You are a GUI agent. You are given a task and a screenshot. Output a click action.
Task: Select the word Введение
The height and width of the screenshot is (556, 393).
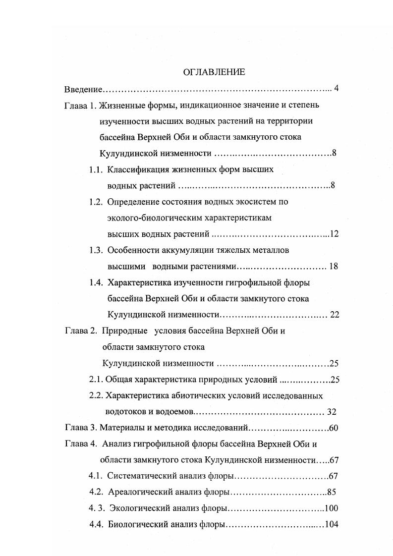pyautogui.click(x=83, y=90)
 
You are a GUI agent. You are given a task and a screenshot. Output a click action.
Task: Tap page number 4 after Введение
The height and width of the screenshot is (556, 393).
pyautogui.click(x=336, y=89)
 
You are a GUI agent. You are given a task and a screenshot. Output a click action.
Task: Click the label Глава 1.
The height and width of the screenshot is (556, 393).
pyautogui.click(x=80, y=106)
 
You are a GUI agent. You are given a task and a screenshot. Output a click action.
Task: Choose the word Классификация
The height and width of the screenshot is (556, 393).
pyautogui.click(x=136, y=170)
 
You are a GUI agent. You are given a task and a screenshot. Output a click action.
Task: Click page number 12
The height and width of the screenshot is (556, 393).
pyautogui.click(x=334, y=234)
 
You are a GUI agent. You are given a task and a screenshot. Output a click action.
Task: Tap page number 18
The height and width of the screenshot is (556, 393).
pyautogui.click(x=333, y=266)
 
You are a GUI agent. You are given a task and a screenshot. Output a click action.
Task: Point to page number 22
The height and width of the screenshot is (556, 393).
pyautogui.click(x=334, y=315)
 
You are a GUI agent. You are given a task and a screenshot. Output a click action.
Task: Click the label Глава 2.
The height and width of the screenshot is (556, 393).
pyautogui.click(x=80, y=331)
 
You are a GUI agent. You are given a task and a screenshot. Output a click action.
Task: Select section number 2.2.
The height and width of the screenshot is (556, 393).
pyautogui.click(x=96, y=396)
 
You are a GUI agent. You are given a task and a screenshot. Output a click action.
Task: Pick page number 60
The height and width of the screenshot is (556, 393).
pyautogui.click(x=333, y=428)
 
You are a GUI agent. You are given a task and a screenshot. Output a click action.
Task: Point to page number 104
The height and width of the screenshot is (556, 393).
pyautogui.click(x=331, y=524)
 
